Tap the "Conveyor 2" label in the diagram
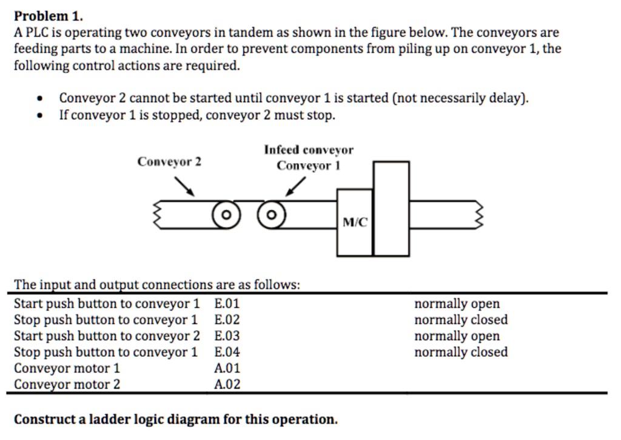click(169, 161)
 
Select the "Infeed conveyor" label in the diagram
click(308, 150)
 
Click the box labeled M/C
click(355, 222)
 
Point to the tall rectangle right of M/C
click(391, 208)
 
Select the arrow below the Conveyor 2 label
click(184, 186)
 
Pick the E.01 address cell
click(227, 303)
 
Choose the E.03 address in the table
click(227, 336)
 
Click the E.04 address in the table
click(227, 352)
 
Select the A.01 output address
click(227, 368)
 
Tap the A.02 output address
click(227, 384)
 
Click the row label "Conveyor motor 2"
click(67, 384)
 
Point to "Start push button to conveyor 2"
click(107, 336)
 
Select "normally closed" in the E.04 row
click(461, 352)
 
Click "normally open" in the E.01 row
click(457, 303)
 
